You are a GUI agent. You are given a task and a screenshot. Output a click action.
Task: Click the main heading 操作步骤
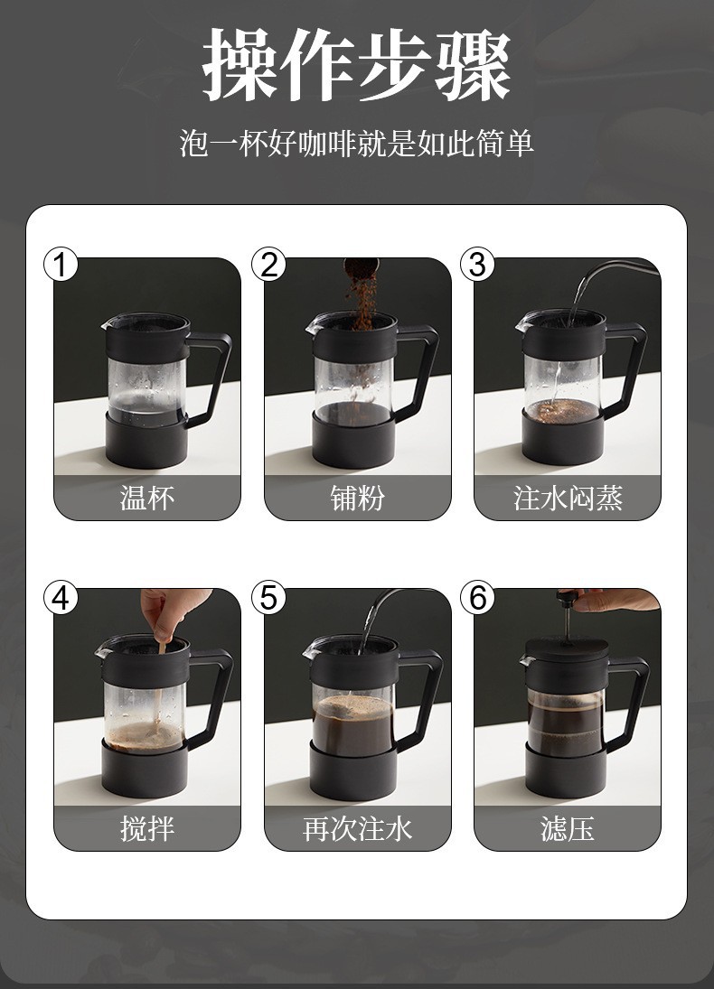(357, 65)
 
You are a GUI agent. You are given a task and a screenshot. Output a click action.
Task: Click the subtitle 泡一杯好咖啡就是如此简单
(357, 144)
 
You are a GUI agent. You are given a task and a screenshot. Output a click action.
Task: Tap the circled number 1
(61, 265)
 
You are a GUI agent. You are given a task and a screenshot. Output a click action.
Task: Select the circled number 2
(268, 265)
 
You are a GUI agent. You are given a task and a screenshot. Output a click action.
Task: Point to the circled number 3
(477, 265)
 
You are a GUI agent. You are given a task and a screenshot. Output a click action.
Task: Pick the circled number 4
(61, 597)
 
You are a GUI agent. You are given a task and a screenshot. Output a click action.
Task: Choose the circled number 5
(268, 597)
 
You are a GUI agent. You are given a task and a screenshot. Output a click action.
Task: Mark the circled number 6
(477, 597)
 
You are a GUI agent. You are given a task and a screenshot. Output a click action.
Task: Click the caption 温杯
(147, 498)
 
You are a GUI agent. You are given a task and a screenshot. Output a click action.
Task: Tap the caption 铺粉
(357, 498)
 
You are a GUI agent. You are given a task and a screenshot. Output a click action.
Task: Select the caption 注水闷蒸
(568, 498)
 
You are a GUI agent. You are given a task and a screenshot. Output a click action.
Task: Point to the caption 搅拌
(147, 828)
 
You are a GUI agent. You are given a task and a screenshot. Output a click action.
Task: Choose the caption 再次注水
(357, 828)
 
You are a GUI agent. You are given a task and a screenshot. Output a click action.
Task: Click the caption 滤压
(568, 828)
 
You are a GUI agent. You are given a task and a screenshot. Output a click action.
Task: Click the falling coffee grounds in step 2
(362, 303)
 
